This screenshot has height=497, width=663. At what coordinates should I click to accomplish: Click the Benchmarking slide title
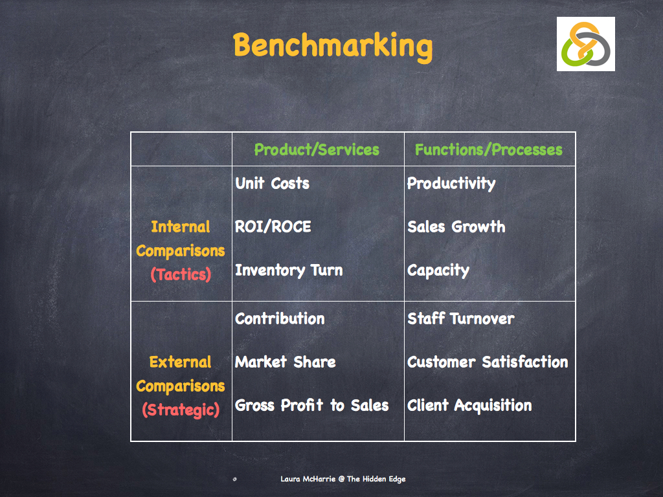pyautogui.click(x=332, y=46)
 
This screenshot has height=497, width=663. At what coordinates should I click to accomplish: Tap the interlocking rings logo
pyautogui.click(x=585, y=44)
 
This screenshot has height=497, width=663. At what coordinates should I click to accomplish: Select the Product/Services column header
pyautogui.click(x=317, y=150)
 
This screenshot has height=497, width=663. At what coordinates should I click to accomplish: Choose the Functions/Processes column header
pyautogui.click(x=488, y=150)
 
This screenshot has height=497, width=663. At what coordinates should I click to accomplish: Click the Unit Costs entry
pyautogui.click(x=272, y=184)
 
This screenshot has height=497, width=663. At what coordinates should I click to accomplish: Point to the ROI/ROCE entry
pyautogui.click(x=273, y=227)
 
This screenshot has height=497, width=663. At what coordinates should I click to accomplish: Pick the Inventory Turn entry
pyautogui.click(x=289, y=271)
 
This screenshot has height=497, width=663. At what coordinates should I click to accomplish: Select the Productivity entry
pyautogui.click(x=451, y=184)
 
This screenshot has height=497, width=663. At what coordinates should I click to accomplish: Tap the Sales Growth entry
pyautogui.click(x=456, y=227)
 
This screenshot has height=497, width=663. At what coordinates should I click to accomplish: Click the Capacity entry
pyautogui.click(x=438, y=271)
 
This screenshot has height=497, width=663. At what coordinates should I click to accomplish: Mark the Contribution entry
pyautogui.click(x=280, y=319)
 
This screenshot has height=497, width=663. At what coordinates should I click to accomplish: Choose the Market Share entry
pyautogui.click(x=285, y=362)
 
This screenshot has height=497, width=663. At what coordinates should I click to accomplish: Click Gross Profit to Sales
pyautogui.click(x=311, y=406)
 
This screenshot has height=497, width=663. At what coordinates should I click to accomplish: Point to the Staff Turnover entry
pyautogui.click(x=460, y=319)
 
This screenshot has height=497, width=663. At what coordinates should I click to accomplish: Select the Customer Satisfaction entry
pyautogui.click(x=488, y=362)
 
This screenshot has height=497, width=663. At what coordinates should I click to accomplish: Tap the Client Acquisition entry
pyautogui.click(x=469, y=406)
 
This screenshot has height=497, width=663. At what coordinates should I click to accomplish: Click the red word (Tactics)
pyautogui.click(x=181, y=274)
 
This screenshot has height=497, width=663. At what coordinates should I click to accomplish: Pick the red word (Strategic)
pyautogui.click(x=181, y=410)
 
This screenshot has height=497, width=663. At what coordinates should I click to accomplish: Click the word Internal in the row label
pyautogui.click(x=181, y=227)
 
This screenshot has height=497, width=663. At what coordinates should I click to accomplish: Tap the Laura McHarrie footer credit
pyautogui.click(x=343, y=479)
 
